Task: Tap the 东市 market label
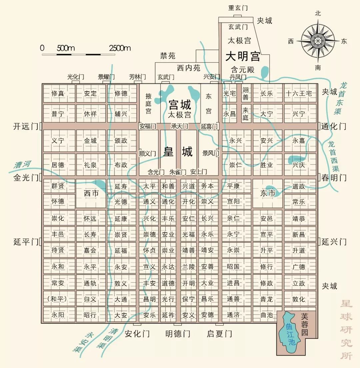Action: click(x=268, y=193)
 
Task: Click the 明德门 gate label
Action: click(x=178, y=334)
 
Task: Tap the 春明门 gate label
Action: click(x=334, y=178)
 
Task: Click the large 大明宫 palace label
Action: click(x=243, y=56)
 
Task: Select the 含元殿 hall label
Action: click(x=243, y=70)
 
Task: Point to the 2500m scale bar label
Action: click(x=120, y=48)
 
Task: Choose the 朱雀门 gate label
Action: click(x=178, y=172)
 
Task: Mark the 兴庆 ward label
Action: click(x=299, y=165)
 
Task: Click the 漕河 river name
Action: click(x=22, y=165)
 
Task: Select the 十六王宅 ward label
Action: click(x=299, y=94)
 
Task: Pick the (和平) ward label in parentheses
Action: click(x=58, y=299)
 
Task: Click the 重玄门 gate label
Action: click(x=238, y=8)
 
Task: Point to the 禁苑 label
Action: click(x=168, y=56)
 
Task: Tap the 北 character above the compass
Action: click(x=318, y=13)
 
